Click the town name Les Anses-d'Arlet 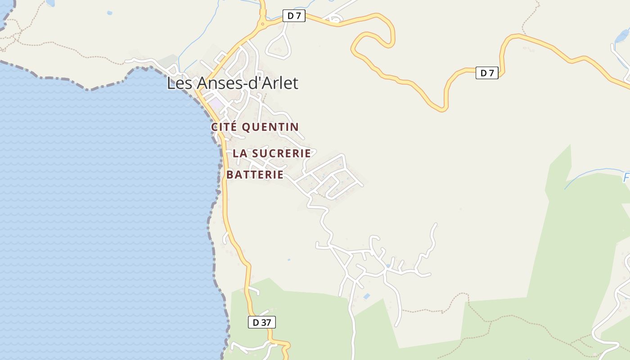tap(232, 83)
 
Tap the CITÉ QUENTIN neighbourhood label tap(255, 127)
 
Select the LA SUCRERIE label tap(272, 153)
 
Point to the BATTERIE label tap(255, 175)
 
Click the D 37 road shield tap(261, 322)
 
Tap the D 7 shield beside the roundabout tap(294, 16)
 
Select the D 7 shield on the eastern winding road tap(487, 73)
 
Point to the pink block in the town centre tap(216, 103)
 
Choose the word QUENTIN tap(270, 127)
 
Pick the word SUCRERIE tap(281, 153)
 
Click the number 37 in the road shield tap(265, 322)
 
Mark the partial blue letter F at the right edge tap(626, 178)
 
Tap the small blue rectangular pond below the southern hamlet tap(367, 296)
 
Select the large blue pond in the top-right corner tap(622, 35)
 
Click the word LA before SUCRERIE tap(240, 153)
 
